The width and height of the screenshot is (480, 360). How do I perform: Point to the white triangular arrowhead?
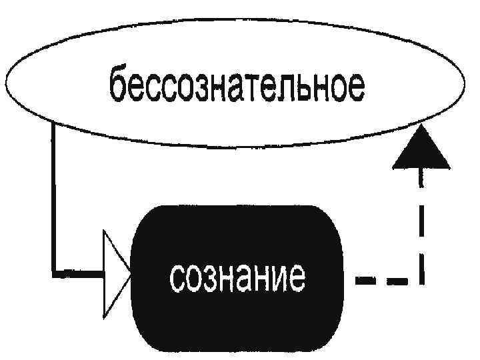(113, 273)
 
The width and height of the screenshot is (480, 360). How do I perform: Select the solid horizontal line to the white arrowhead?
(77, 273)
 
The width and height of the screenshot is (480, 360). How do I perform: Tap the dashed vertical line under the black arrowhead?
(421, 227)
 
